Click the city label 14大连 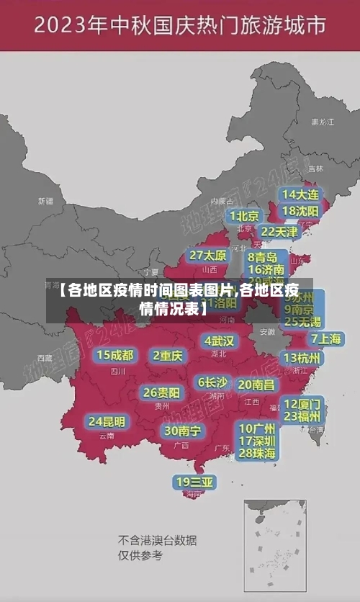pyautogui.click(x=301, y=194)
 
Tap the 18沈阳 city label pyautogui.click(x=301, y=211)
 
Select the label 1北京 pyautogui.click(x=244, y=215)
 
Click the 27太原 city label pyautogui.click(x=208, y=256)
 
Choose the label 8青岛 pyautogui.click(x=263, y=257)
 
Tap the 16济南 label pyautogui.click(x=266, y=270)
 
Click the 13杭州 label pyautogui.click(x=302, y=358)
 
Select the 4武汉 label pyautogui.click(x=219, y=341)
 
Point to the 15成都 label pyautogui.click(x=115, y=355)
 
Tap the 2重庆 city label pyautogui.click(x=168, y=355)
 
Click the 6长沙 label pyautogui.click(x=212, y=382)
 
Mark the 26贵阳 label pyautogui.click(x=161, y=392)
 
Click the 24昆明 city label pyautogui.click(x=107, y=421)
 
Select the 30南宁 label pyautogui.click(x=182, y=431)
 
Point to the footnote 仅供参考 pyautogui.click(x=140, y=555)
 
